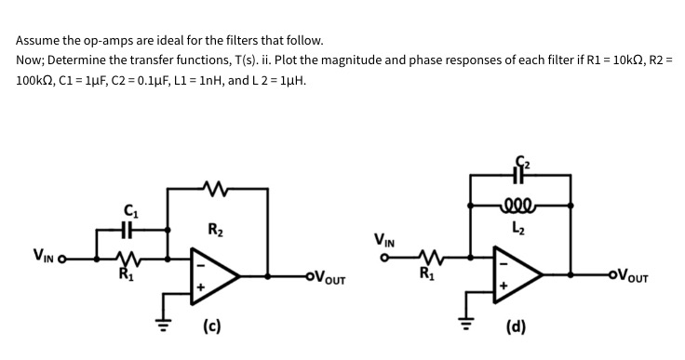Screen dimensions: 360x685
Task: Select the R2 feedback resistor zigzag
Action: click(219, 192)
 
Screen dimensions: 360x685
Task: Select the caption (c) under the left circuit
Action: click(211, 327)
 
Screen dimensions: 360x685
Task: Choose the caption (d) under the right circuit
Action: click(515, 327)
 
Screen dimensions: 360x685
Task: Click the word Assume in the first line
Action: click(40, 41)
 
